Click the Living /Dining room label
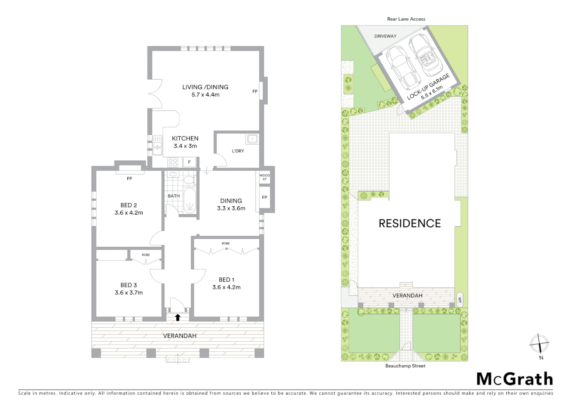click(205, 87)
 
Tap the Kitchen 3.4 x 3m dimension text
click(185, 146)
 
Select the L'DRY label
click(238, 151)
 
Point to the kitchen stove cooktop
click(173, 162)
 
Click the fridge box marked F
click(189, 162)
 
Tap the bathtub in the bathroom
click(190, 201)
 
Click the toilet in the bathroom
click(189, 180)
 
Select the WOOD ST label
click(264, 177)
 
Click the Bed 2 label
click(128, 205)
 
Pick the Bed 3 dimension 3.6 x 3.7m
click(128, 293)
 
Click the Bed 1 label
click(226, 279)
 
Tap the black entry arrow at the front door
click(178, 318)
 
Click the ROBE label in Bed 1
click(225, 244)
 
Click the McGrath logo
click(514, 379)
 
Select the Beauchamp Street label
click(405, 366)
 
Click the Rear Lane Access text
click(406, 19)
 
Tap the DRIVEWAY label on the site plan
click(385, 36)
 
